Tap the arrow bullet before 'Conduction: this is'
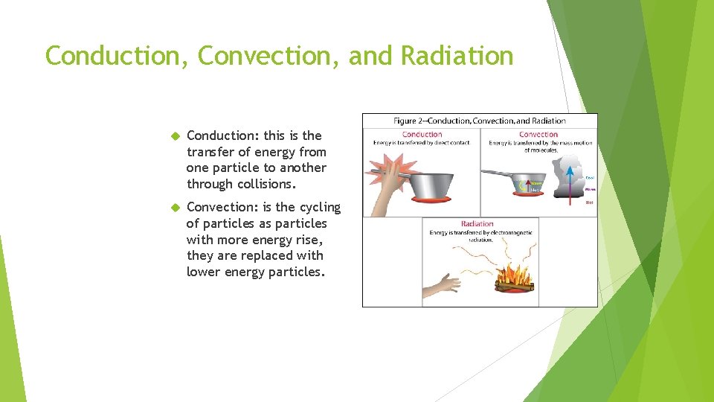coord(176,136)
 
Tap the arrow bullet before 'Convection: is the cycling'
coord(176,208)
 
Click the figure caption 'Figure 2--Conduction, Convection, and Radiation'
coord(479,121)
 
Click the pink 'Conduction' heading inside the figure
coord(422,135)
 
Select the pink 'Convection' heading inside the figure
coord(538,135)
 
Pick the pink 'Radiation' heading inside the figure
coord(477,223)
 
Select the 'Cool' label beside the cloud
coord(590,178)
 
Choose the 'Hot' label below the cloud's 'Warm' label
coord(590,202)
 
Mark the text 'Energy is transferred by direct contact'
coord(422,143)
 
